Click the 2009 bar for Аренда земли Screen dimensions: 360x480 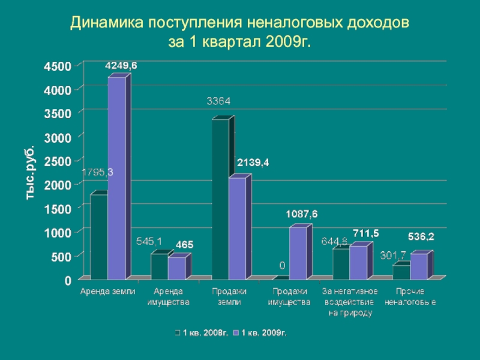coord(116,180)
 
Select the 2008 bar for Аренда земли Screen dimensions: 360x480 coord(98,237)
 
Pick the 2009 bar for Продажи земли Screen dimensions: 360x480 coord(238,228)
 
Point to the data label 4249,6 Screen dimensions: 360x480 coord(121,66)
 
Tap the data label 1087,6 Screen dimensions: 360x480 coord(302,214)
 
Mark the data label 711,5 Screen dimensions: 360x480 coord(365,233)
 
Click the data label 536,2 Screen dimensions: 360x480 coord(421,237)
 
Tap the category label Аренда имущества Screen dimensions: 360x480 coord(169,296)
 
